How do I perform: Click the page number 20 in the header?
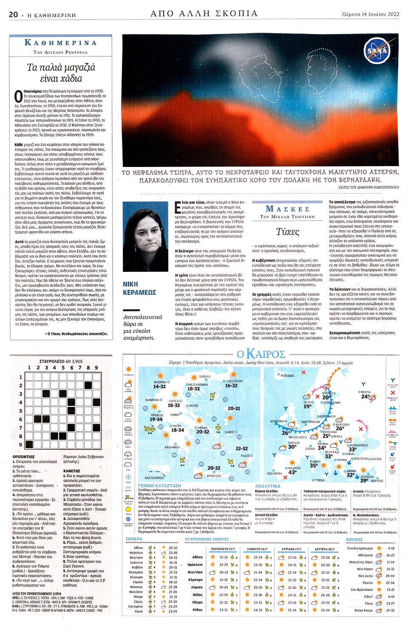click(x=13, y=14)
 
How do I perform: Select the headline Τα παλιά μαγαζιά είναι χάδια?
click(x=61, y=73)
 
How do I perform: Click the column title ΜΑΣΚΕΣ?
click(x=287, y=209)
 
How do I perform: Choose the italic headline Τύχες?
click(x=287, y=232)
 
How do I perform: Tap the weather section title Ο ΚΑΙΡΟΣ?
click(x=261, y=353)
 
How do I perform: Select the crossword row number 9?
click(x=20, y=445)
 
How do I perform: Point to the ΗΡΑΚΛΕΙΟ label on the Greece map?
click(x=213, y=476)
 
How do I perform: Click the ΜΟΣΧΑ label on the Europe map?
click(x=365, y=392)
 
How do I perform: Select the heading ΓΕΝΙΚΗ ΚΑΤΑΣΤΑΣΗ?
click(x=159, y=485)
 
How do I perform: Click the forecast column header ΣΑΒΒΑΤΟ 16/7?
click(x=257, y=549)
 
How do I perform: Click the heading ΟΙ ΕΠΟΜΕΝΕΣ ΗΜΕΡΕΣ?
click(x=207, y=539)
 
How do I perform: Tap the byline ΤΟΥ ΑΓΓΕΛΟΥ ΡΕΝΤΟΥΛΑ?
click(x=60, y=52)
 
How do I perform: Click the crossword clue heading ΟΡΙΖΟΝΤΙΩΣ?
click(x=23, y=457)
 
